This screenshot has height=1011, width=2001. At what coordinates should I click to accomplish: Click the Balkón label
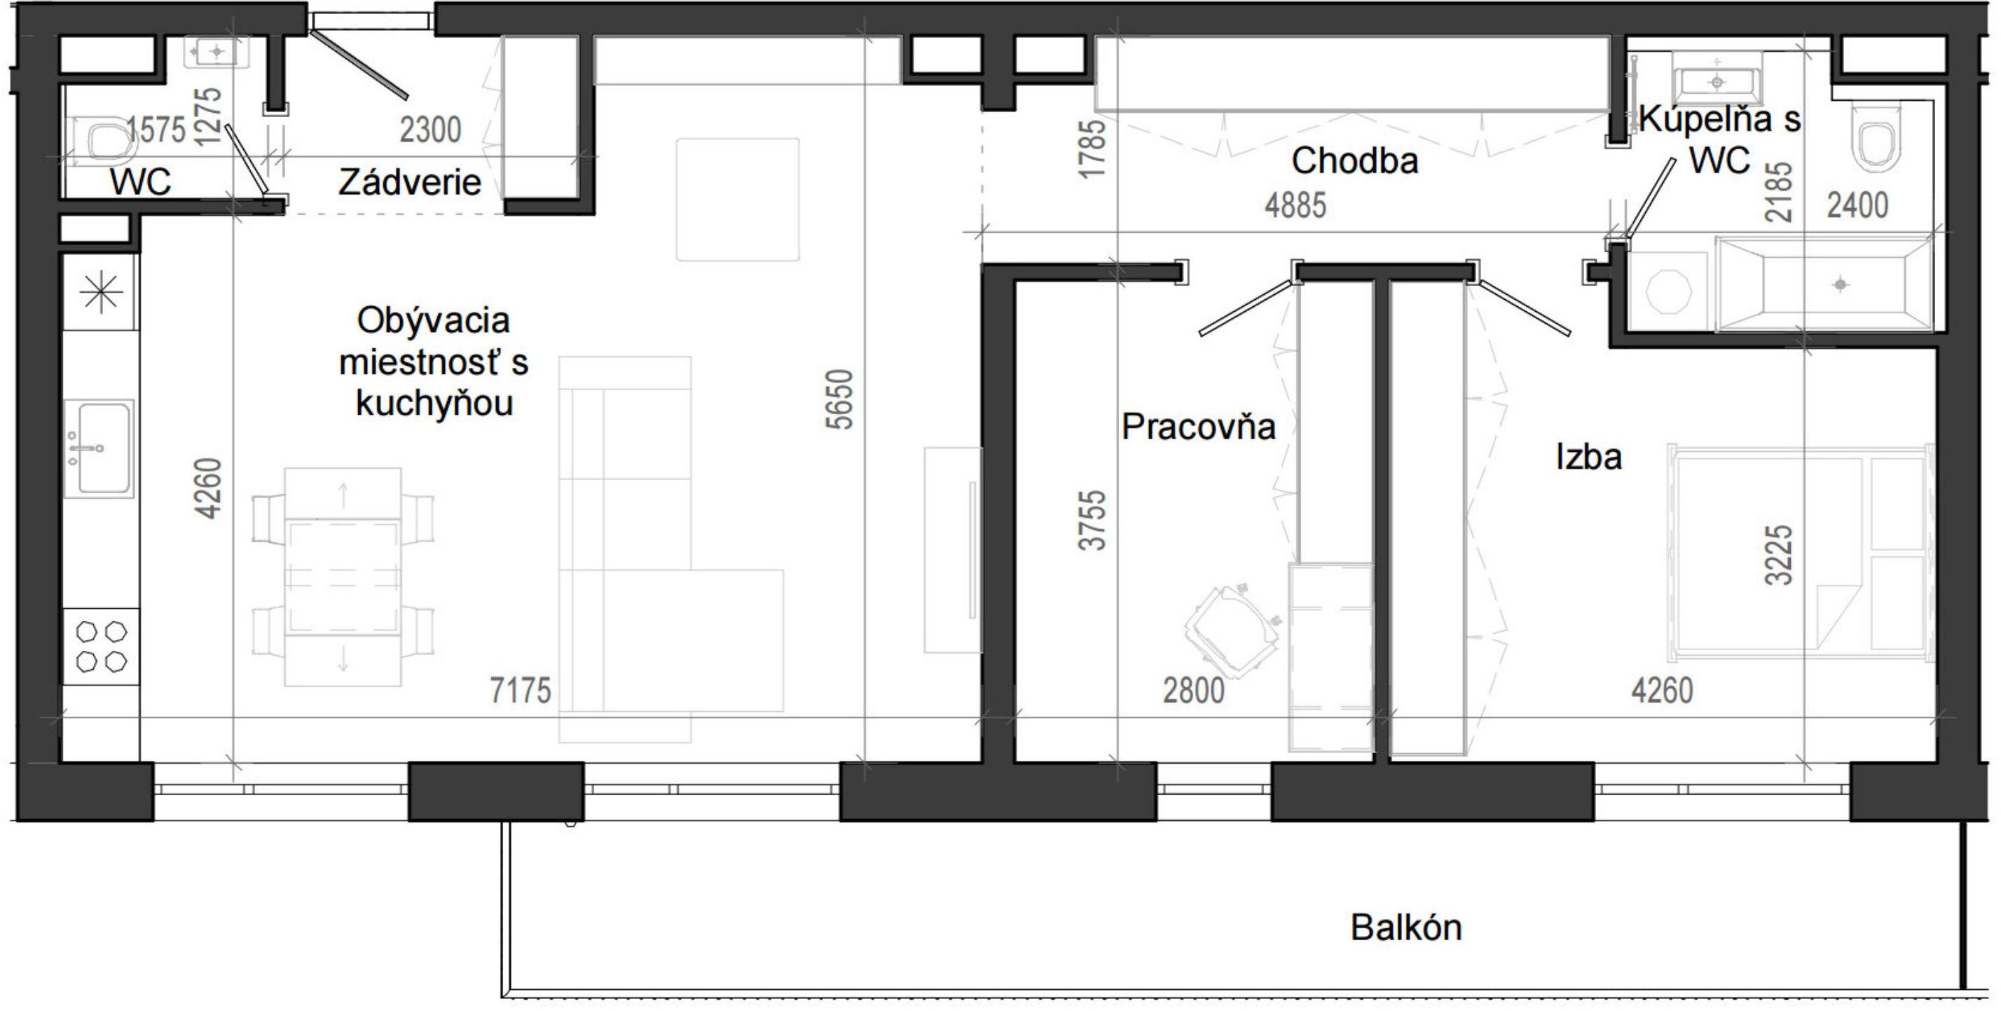point(1406,927)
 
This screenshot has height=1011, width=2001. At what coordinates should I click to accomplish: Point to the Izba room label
point(1588,457)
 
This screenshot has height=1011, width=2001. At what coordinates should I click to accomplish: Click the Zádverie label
point(409,182)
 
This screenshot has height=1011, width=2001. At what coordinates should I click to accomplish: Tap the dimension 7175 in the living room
point(520,690)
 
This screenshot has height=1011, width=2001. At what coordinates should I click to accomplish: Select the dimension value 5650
point(839,399)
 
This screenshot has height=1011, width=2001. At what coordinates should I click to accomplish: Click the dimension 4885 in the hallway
point(1295,206)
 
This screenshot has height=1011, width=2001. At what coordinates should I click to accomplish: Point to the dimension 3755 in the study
point(1092,521)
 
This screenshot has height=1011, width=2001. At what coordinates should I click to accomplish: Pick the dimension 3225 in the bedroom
point(1779,554)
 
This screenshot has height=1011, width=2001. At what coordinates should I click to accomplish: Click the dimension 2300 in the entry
point(430,130)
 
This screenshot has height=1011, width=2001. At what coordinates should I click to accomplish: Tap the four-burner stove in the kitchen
point(102,646)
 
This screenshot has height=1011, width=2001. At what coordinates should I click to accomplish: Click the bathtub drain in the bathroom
point(1840,284)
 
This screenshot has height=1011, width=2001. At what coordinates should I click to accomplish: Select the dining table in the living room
point(343,576)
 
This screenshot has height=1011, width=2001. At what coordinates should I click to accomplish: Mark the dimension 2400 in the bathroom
point(1857,206)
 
